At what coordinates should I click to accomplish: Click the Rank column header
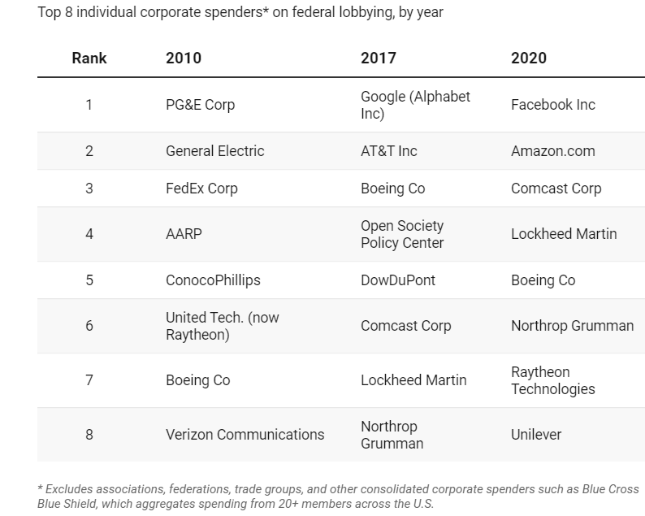coord(89,58)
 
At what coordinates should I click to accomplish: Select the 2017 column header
coord(379,58)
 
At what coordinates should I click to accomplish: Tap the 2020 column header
coord(529,58)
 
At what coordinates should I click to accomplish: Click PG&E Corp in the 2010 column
coord(200,105)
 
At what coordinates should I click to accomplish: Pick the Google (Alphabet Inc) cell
coord(415,105)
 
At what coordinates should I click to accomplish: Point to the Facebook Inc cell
coord(552,105)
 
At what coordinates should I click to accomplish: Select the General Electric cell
coord(214,151)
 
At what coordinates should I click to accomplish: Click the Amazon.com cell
coord(552,151)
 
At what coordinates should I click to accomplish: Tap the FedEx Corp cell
coord(201,189)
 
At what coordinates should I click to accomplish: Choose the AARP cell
coord(184,234)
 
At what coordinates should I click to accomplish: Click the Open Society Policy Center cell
coord(402,234)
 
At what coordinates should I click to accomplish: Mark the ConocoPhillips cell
coord(213,280)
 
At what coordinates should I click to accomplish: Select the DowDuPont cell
coord(398,280)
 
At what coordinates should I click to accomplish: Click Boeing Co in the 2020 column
coord(543,280)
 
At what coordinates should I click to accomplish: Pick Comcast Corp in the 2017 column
coord(405,326)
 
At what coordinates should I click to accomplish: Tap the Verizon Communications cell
coord(245,435)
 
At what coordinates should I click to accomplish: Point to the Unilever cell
coord(535,435)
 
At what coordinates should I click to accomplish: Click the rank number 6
coord(89,326)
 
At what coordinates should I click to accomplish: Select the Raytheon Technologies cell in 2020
coord(552,380)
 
